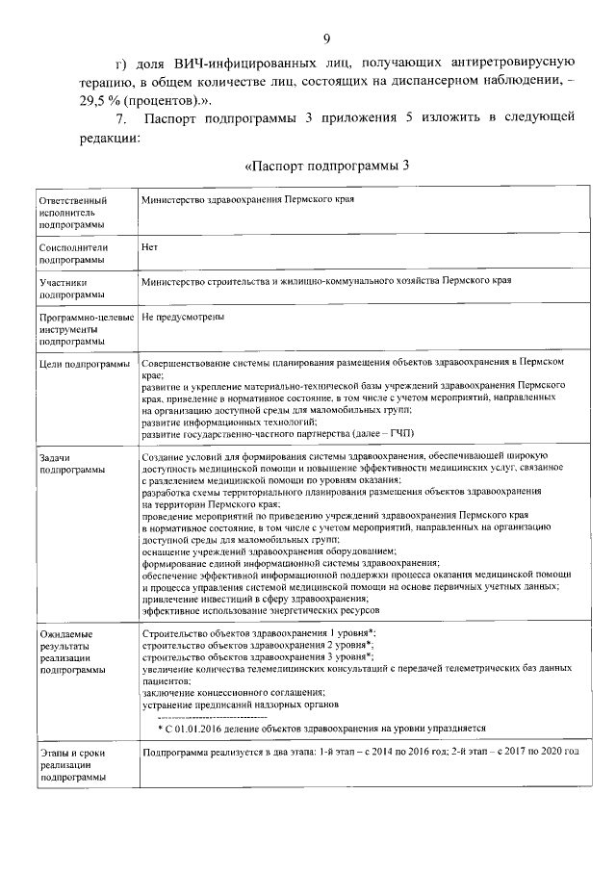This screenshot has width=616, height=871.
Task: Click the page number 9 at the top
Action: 326,38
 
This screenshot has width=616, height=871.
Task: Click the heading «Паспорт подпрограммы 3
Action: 327,166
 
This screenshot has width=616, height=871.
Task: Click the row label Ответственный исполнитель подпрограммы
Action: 71,212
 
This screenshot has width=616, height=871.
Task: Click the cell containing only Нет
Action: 149,246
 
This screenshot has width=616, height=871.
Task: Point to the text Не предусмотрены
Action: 183,317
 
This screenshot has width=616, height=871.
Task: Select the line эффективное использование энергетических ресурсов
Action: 260,610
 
